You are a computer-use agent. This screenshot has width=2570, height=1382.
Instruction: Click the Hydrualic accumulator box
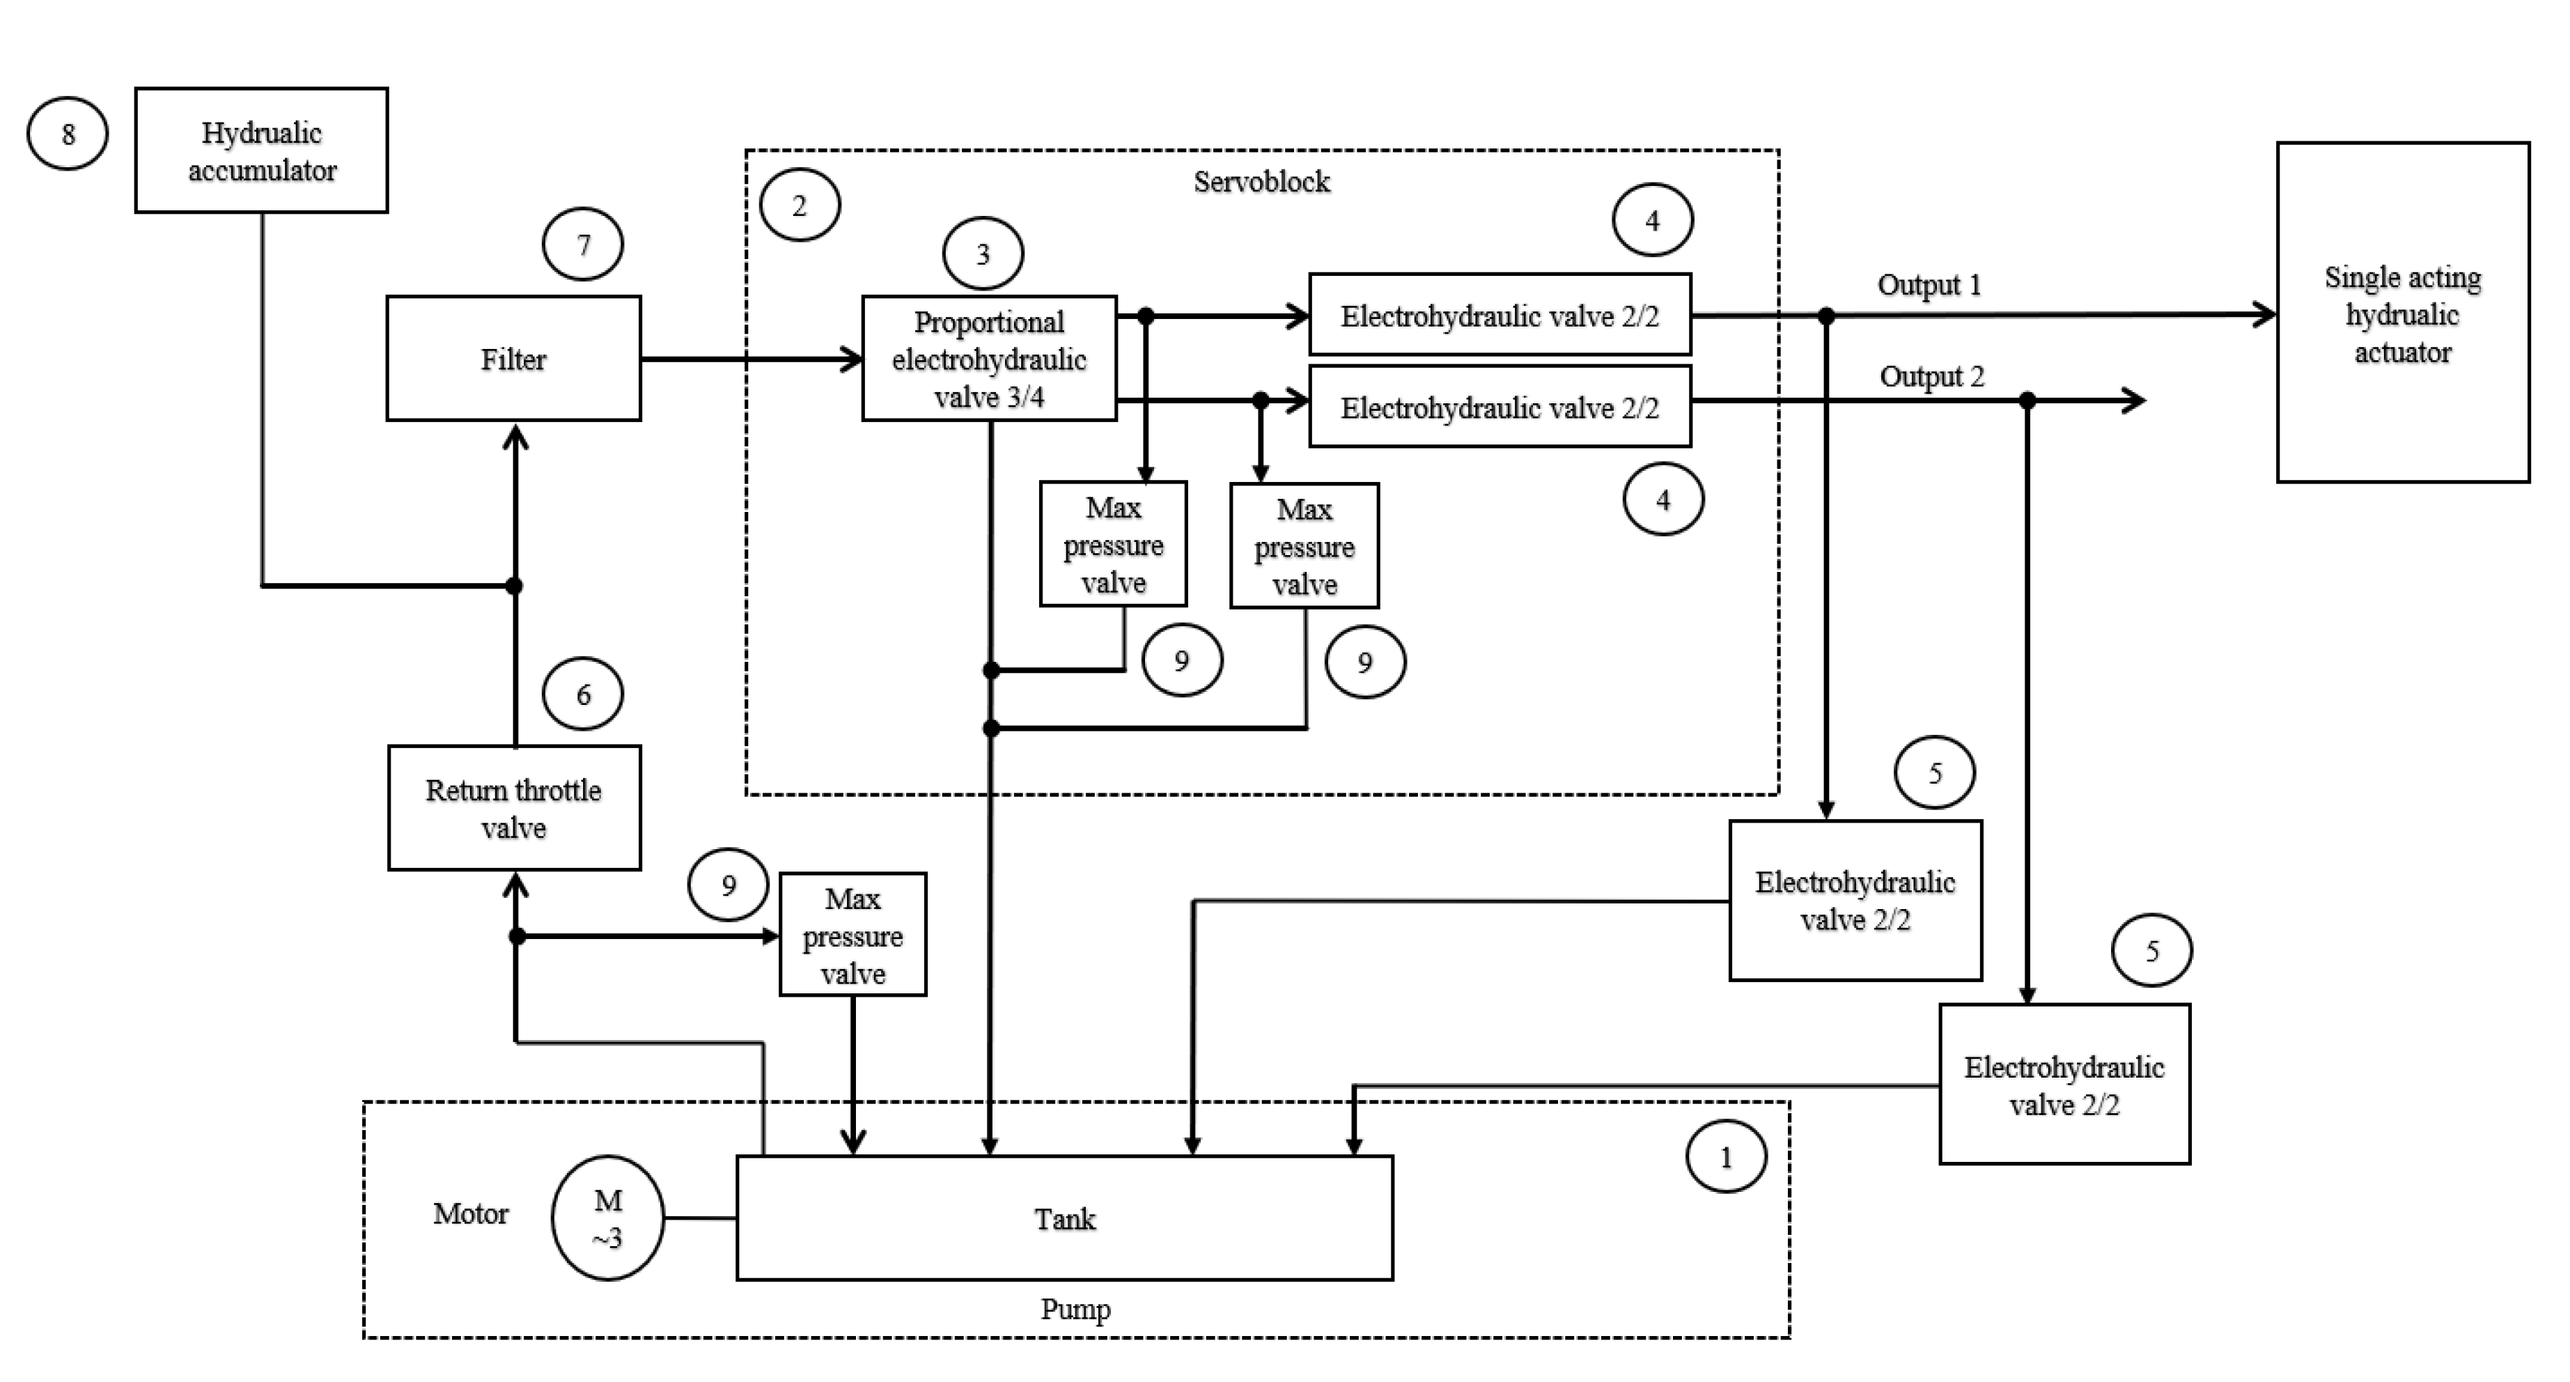tap(261, 150)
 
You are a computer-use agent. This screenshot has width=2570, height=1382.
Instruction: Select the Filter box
tap(514, 358)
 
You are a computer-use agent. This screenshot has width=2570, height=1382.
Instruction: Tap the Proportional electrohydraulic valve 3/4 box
tap(989, 358)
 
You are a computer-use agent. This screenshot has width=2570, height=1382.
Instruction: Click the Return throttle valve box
tap(514, 808)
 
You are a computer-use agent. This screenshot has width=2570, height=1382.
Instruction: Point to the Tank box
tap(1064, 1218)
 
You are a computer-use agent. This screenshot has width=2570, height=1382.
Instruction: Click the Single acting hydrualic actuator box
tap(2402, 312)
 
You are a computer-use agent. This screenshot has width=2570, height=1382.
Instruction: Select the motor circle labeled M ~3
tap(607, 1218)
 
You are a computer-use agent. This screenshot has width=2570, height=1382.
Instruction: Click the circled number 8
tap(67, 134)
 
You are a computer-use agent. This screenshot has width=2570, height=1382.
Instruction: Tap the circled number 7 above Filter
tap(584, 244)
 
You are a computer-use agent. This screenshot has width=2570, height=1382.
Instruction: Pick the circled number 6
tap(584, 694)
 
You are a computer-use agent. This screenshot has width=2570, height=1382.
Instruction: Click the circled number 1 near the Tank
tap(1726, 1158)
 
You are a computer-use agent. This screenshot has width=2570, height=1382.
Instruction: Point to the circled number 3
tap(983, 254)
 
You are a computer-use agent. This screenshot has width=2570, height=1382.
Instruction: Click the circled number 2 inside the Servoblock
tap(799, 205)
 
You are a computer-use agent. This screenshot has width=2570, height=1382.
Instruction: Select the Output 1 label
tap(1929, 286)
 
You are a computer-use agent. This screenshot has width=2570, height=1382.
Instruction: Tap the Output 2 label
tap(1931, 377)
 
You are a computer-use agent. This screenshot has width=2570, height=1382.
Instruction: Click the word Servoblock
tap(1261, 182)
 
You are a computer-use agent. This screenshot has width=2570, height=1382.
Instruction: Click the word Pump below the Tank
tap(1075, 1309)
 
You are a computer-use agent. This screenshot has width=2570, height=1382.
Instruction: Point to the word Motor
tap(470, 1214)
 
